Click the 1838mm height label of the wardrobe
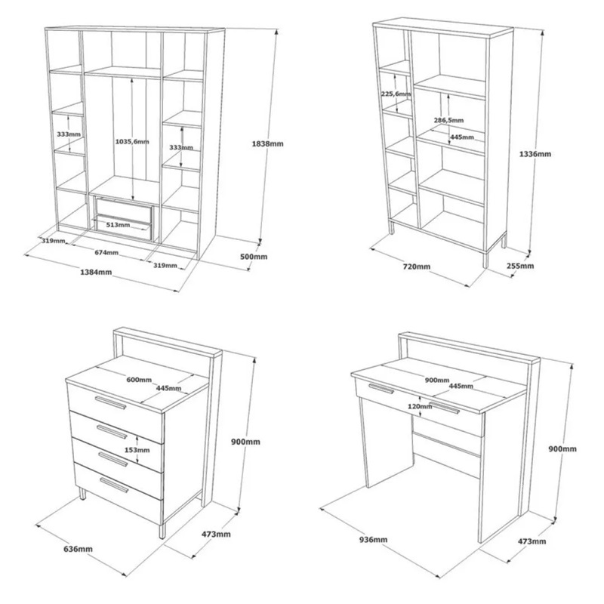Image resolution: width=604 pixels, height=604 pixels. [x=267, y=143]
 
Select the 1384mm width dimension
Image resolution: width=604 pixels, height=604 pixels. [x=96, y=272]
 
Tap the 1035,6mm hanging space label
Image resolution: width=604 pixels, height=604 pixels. [x=132, y=141]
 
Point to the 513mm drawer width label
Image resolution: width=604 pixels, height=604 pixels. [x=119, y=224]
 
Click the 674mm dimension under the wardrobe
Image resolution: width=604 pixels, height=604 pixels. [x=106, y=253]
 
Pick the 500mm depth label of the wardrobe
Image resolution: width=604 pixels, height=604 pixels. [x=254, y=257]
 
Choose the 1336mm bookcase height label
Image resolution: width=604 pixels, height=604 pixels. [x=535, y=154]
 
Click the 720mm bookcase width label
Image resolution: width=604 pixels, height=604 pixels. [x=417, y=267]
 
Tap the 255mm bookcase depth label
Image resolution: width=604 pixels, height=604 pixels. [x=520, y=266]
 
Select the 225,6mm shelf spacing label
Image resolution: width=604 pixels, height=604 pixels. [x=396, y=94]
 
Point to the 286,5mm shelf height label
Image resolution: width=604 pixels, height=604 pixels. [x=448, y=120]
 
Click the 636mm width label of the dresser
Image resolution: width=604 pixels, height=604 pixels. [x=79, y=549]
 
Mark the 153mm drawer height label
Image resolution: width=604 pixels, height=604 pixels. [x=137, y=449]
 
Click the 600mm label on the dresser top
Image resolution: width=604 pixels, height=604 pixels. [x=139, y=380]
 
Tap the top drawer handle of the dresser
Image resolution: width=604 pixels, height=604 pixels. [x=111, y=402]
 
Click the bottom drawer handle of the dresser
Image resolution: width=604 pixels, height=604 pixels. [x=115, y=485]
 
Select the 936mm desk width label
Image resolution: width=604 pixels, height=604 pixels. [x=373, y=540]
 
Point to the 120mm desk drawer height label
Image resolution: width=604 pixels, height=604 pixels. [x=420, y=406]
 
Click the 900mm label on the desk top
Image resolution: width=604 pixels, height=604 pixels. [x=437, y=381]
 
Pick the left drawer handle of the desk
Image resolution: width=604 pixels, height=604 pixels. [x=381, y=389]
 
